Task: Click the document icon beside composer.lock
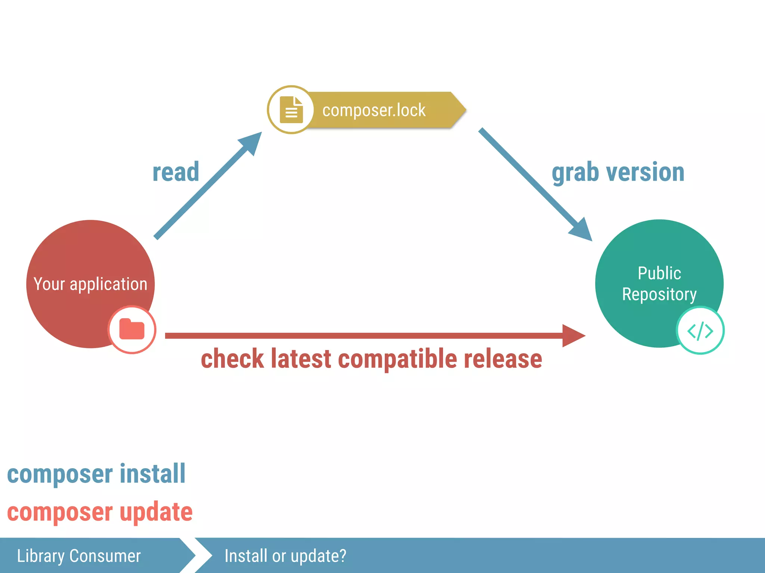pos(291,110)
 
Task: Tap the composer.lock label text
pos(374,110)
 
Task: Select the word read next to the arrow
pos(176,172)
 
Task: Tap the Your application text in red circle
pos(90,284)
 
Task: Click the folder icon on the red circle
pos(132,329)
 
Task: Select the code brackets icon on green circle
pos(700,331)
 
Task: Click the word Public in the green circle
pos(659,273)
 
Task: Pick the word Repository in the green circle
pos(659,295)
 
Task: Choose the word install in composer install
pos(152,474)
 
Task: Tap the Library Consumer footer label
pos(79,556)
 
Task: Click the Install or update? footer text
pos(285,556)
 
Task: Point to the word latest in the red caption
pos(301,359)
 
